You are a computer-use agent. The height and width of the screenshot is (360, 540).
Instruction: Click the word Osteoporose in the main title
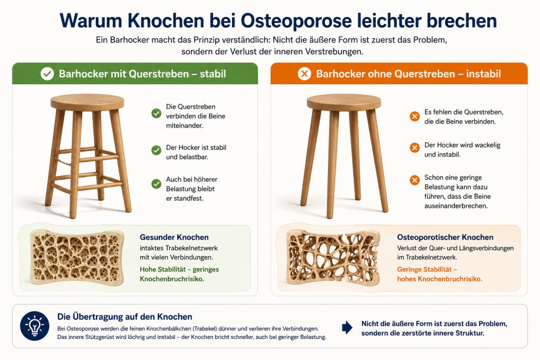click(x=296, y=21)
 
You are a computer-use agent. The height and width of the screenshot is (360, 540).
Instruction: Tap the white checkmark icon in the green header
click(x=47, y=74)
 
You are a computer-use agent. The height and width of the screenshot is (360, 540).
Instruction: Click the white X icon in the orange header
click(x=304, y=74)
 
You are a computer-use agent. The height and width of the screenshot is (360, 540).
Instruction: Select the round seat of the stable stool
click(x=88, y=102)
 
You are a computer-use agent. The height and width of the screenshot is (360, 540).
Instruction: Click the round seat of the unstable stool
click(x=344, y=102)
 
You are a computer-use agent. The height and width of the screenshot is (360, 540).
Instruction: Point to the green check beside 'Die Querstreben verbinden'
click(x=156, y=113)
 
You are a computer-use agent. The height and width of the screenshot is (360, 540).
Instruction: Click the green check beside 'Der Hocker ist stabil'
click(x=156, y=150)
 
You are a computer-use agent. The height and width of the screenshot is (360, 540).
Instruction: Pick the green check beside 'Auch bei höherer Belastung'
click(x=156, y=184)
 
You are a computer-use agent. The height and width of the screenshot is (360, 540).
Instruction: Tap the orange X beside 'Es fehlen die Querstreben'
click(x=414, y=116)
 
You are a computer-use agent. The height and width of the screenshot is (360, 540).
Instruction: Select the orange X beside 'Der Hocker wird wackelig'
click(x=414, y=148)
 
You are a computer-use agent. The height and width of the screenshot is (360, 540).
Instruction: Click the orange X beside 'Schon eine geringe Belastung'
click(x=414, y=180)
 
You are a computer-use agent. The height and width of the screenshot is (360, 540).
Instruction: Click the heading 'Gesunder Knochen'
click(x=174, y=237)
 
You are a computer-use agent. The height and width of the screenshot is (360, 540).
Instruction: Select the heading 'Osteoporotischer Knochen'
click(x=445, y=237)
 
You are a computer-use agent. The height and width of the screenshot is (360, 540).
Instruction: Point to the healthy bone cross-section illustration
click(x=77, y=258)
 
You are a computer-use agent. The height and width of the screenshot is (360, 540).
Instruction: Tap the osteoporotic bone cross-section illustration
click(x=333, y=258)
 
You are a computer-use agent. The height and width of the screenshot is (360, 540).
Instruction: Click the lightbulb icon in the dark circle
click(x=34, y=326)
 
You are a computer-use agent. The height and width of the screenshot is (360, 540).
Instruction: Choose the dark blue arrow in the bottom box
click(x=347, y=328)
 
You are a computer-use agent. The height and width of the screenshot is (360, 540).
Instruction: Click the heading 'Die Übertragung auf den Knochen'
click(x=124, y=317)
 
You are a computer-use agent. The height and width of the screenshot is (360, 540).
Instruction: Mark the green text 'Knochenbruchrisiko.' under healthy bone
click(x=172, y=279)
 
